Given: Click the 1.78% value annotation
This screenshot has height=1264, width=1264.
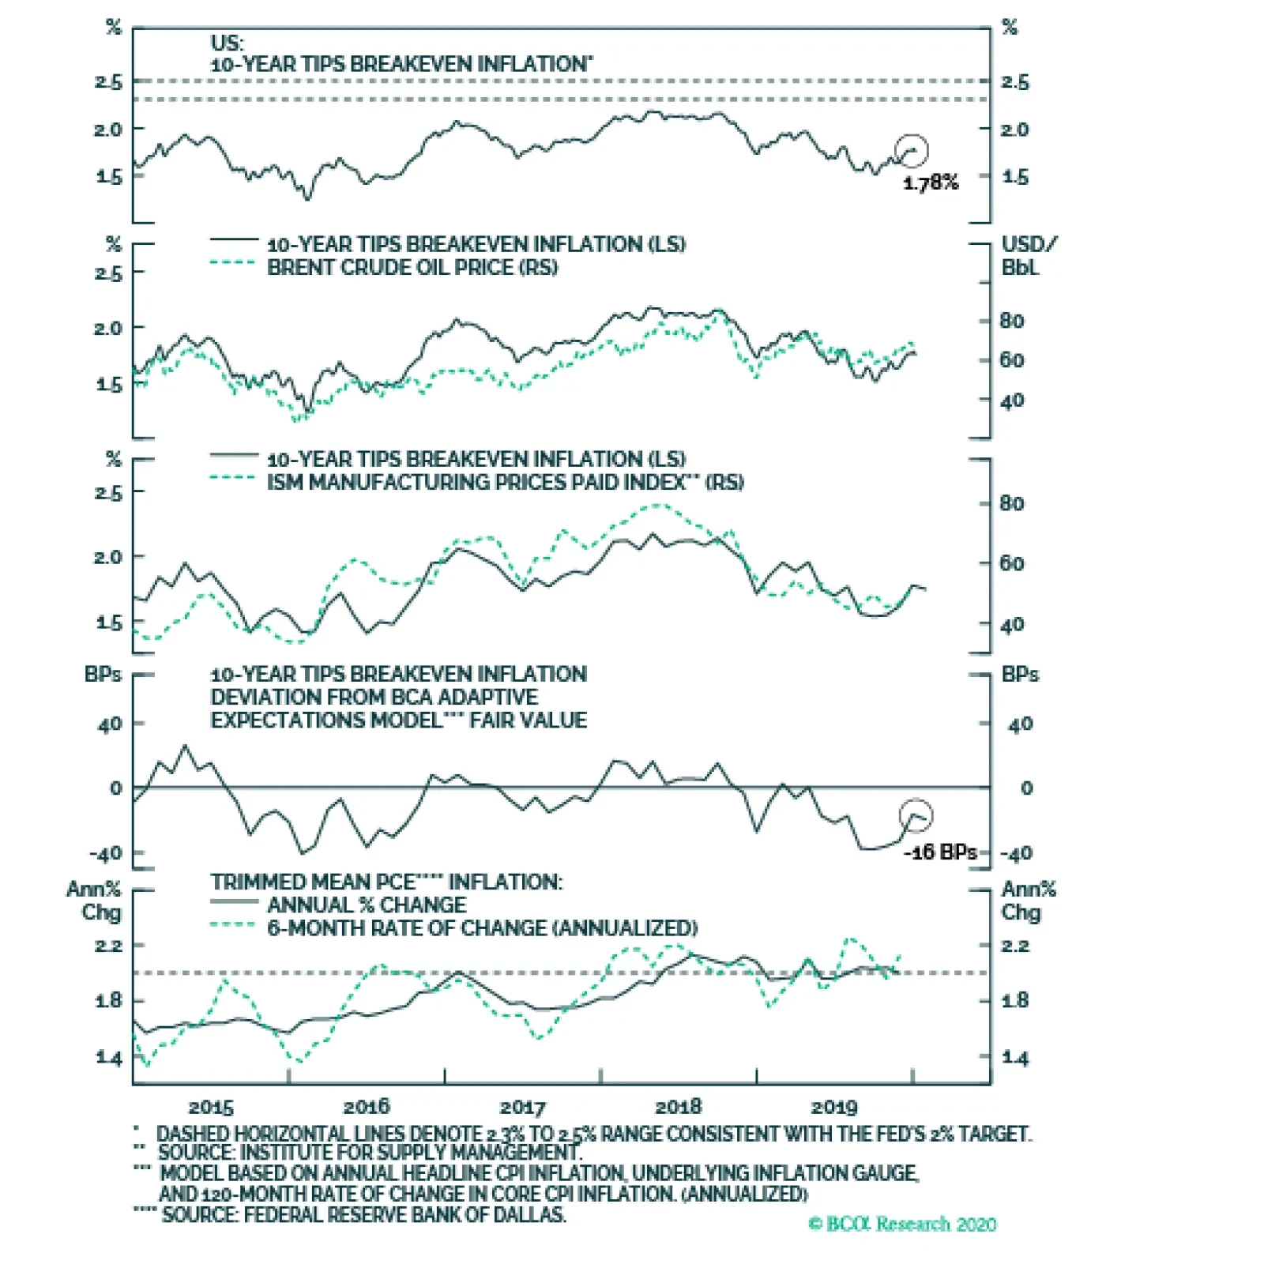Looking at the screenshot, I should coord(931,182).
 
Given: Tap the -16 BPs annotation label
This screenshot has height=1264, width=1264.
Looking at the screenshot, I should coord(940,852).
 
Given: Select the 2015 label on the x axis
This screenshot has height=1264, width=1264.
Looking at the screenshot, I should coord(211,1107).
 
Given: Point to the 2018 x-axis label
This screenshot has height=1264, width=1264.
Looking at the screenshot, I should coord(679,1107).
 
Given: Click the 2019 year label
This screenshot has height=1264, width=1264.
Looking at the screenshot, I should coord(834,1107).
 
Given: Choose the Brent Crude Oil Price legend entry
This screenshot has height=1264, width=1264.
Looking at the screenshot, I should coord(412,267).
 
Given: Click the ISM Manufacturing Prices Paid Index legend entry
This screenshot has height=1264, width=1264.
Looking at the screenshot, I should coord(505,482).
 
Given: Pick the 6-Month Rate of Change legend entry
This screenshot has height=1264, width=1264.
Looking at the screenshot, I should coord(482,927).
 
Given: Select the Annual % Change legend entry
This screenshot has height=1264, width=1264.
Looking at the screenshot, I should coord(367,905).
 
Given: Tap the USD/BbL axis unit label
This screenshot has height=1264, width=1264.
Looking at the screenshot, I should coord(1028,256).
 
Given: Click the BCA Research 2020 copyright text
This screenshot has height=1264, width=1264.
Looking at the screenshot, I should coord(902,1224).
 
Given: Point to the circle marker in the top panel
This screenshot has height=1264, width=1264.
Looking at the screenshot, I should coord(912,150).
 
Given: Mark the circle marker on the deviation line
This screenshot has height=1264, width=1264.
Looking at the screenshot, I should coord(916,815).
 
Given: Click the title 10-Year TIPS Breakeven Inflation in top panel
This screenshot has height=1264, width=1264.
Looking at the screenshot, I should coord(401,64).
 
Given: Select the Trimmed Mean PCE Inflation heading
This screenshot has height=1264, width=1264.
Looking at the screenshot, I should coord(386,882).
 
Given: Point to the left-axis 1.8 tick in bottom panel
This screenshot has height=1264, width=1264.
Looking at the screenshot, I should coord(109,1001).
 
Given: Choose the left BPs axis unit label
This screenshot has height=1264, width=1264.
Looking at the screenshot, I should coord(103,675).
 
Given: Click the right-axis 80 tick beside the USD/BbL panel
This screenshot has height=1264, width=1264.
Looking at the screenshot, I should coord(1012,321).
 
